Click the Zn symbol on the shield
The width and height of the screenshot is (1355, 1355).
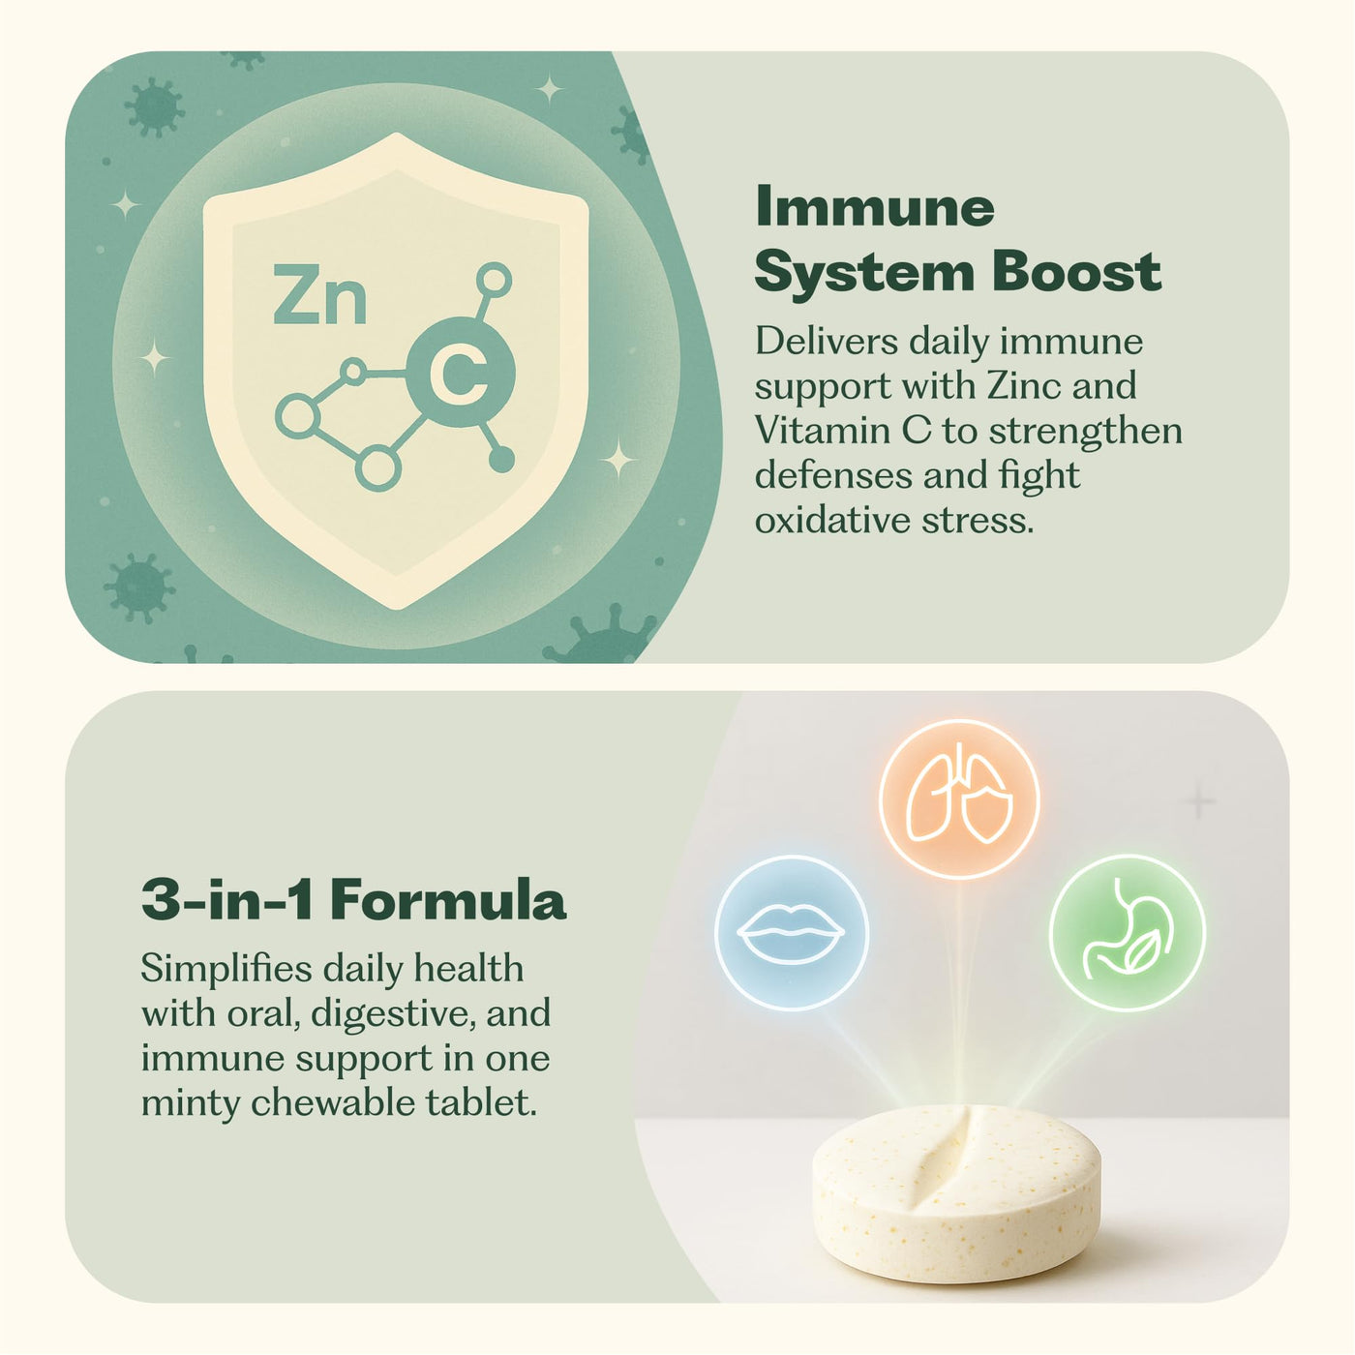pos(320,294)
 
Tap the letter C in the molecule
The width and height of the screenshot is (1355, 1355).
pos(460,374)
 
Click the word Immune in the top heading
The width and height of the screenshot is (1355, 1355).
pos(875,207)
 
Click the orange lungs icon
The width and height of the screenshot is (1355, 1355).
pos(960,798)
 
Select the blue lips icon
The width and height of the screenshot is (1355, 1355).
pos(791,932)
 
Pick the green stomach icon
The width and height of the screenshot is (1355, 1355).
pos(1128,933)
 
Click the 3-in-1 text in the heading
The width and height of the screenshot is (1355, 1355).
pos(227,900)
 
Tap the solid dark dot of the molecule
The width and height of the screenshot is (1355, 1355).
pos(500,460)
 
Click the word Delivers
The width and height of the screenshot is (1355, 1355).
pos(827,342)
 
